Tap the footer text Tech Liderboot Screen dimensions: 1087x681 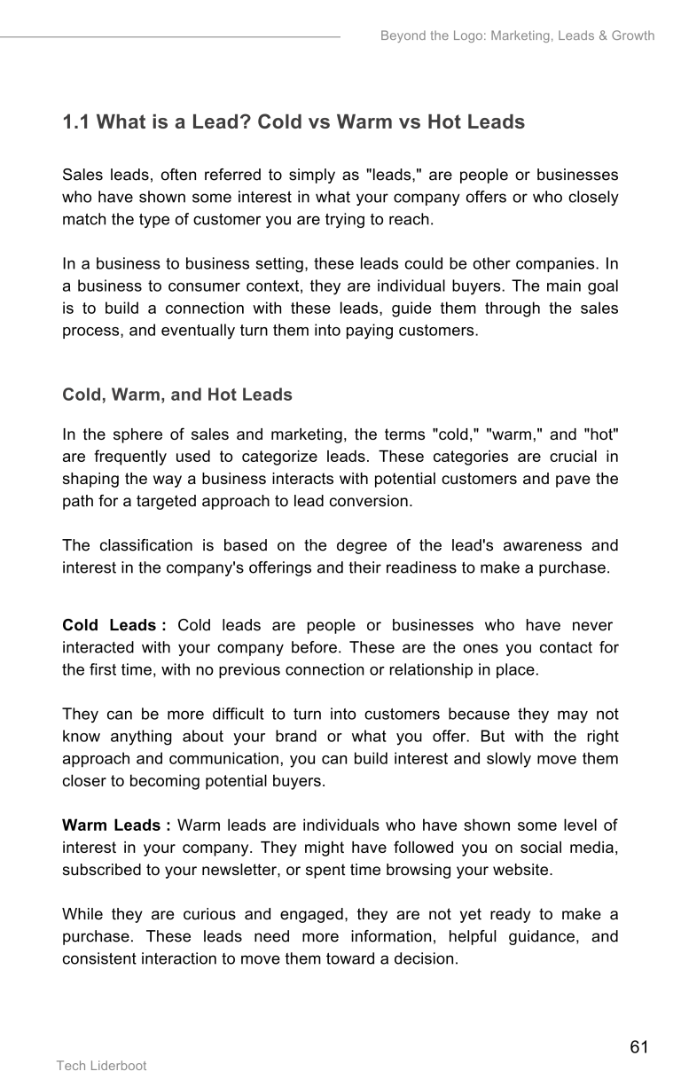(102, 1066)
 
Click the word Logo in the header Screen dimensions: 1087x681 (458, 36)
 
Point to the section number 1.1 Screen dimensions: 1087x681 (75, 121)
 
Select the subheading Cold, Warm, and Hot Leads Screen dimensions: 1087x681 (177, 395)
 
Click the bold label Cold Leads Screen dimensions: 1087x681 (108, 626)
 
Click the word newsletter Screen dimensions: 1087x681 (261, 870)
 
